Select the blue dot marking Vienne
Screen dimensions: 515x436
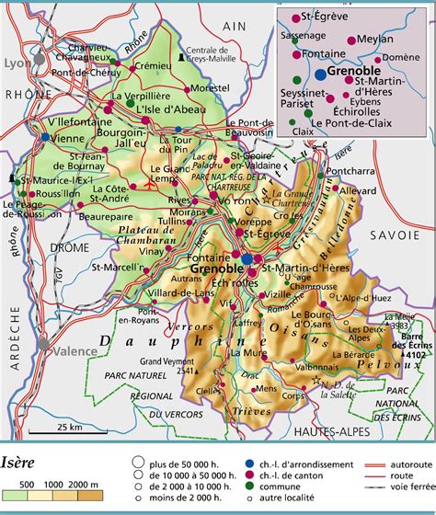pyautogui.click(x=44, y=136)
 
